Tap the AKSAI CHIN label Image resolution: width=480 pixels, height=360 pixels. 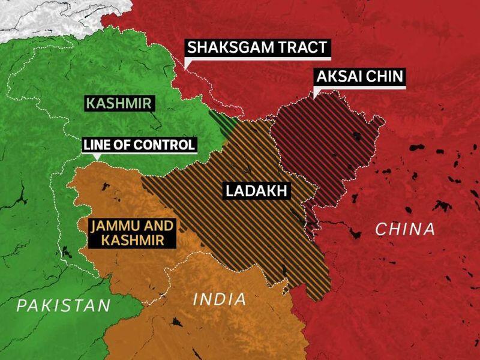tap(359, 78)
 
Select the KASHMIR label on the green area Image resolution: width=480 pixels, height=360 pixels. tap(118, 103)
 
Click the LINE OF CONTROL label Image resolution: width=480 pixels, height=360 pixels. tap(139, 145)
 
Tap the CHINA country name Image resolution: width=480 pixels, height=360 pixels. tap(404, 229)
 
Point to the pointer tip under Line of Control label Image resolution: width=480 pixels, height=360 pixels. tap(97, 159)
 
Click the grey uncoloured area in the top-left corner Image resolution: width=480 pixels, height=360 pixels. tap(36, 15)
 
